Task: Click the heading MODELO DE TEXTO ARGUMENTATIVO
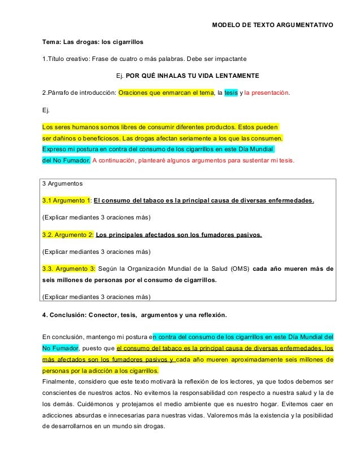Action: click(272, 25)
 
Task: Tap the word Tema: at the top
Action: click(53, 42)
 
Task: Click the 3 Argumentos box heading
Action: click(63, 184)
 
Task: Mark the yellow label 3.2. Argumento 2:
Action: click(68, 234)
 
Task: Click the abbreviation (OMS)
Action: click(239, 268)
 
